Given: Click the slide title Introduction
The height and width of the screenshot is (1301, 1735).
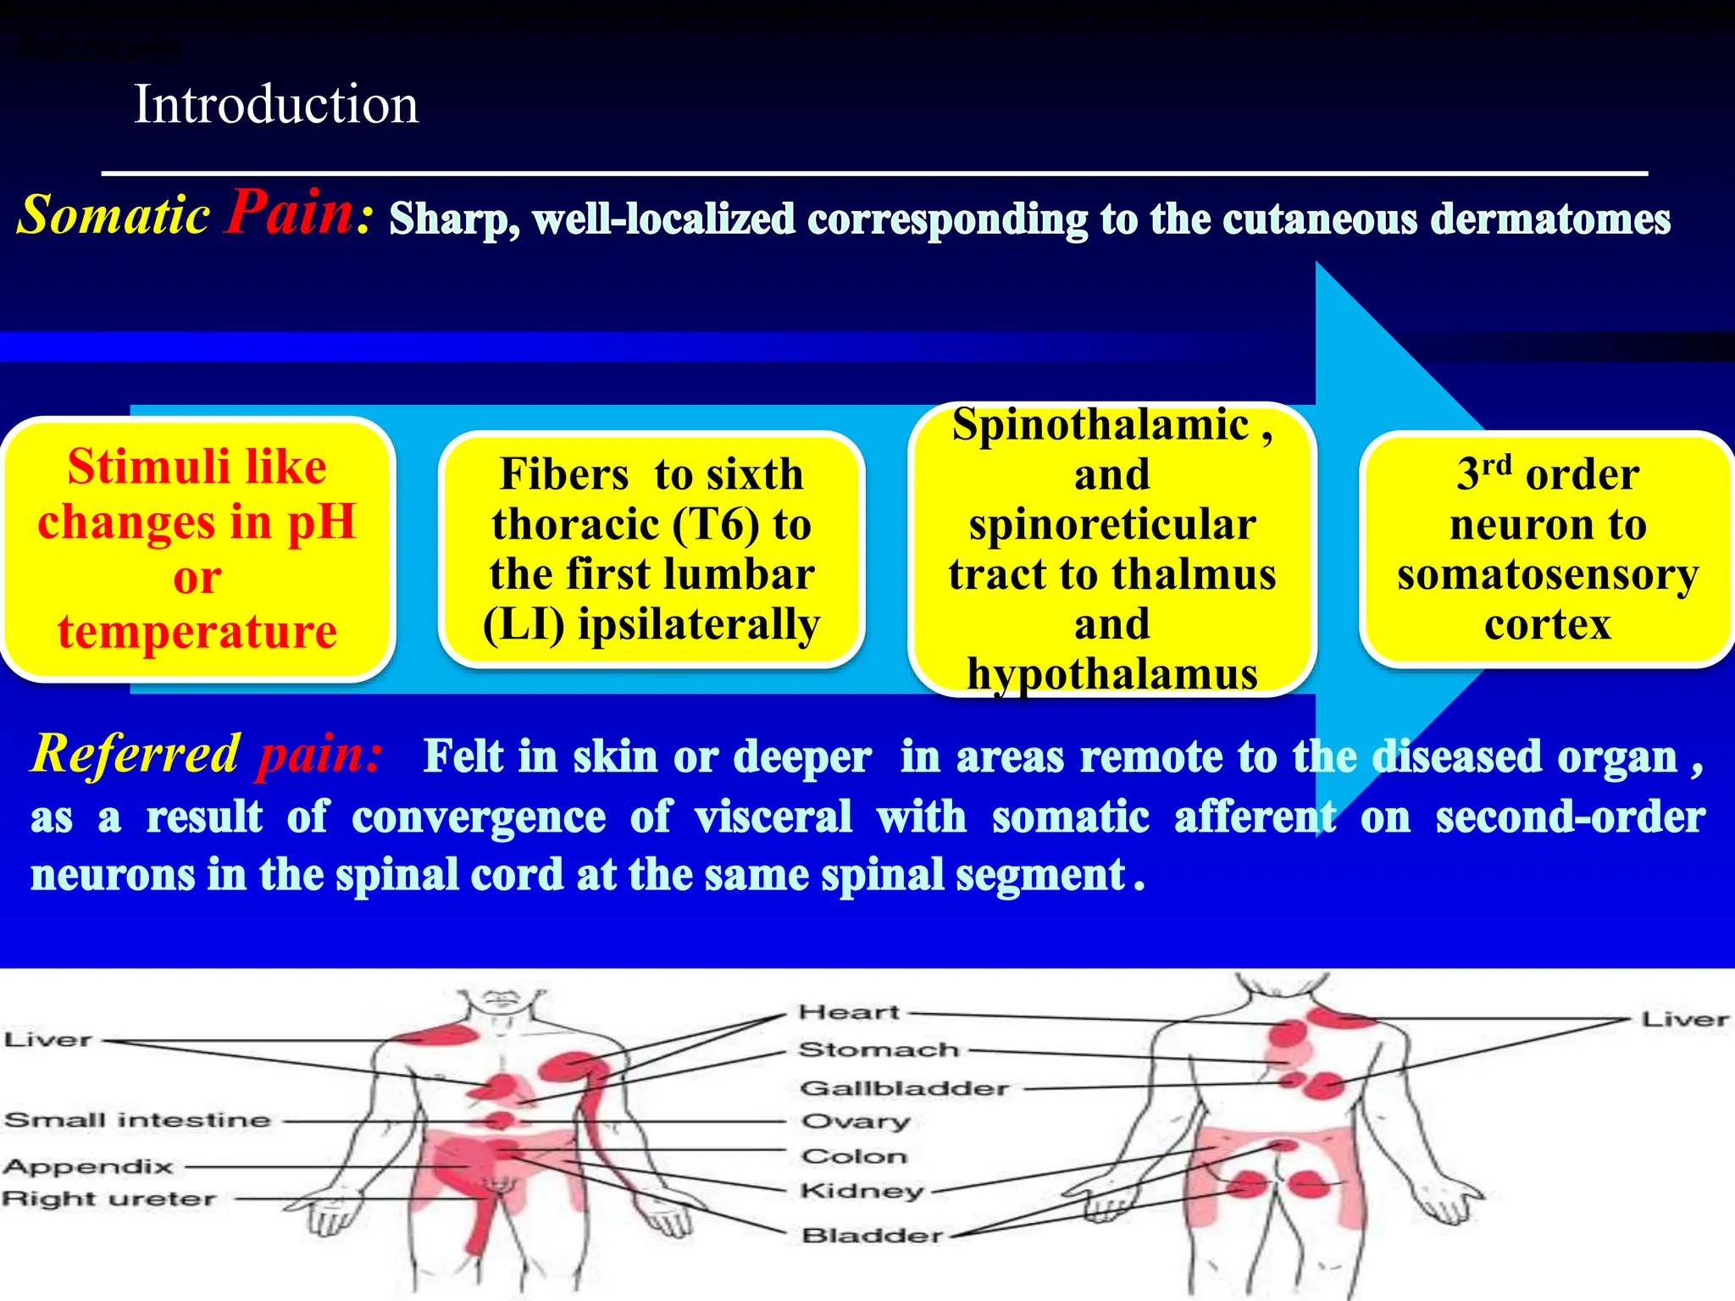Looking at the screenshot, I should [x=276, y=105].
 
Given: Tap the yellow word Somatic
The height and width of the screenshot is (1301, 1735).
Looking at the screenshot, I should [x=114, y=214].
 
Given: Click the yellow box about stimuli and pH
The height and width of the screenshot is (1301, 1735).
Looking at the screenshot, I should [x=197, y=549].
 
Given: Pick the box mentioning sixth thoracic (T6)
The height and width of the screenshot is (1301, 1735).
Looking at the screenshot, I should [x=651, y=549].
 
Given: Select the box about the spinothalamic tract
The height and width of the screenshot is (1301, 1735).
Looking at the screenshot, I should [x=1111, y=549].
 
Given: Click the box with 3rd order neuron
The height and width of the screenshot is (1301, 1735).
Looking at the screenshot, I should [x=1547, y=549].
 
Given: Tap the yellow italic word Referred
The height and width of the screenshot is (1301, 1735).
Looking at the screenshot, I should [x=136, y=753].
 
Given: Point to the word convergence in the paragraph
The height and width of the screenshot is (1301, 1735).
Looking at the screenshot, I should [x=479, y=817].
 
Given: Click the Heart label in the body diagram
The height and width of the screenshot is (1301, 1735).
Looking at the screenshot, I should [x=849, y=1012].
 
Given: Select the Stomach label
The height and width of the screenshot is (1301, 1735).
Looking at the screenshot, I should [x=879, y=1050].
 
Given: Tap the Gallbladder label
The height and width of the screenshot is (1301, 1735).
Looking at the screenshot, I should [x=905, y=1088].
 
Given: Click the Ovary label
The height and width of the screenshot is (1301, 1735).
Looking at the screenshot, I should [x=856, y=1122].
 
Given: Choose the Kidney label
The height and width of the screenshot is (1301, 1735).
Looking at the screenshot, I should [x=862, y=1191].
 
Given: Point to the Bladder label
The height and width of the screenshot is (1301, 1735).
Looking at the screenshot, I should [x=873, y=1236].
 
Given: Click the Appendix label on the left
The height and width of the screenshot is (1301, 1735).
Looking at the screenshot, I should [x=88, y=1167].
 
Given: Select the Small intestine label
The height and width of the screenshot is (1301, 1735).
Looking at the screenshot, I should [x=137, y=1121].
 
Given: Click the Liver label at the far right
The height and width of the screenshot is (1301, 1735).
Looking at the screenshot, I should [x=1684, y=1020].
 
